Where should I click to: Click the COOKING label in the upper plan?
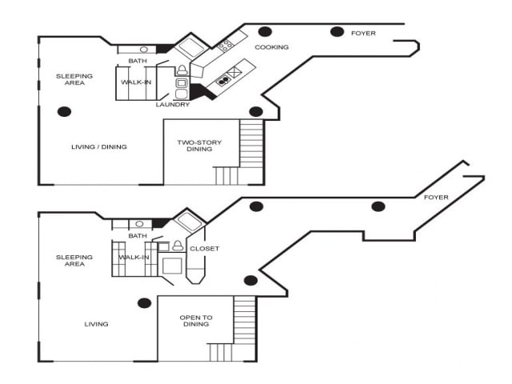click(x=271, y=47)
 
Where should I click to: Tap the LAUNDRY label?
click(x=174, y=105)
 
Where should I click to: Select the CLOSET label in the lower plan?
click(x=204, y=249)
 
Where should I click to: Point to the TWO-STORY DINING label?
click(x=199, y=146)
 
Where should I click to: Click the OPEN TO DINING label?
click(x=195, y=321)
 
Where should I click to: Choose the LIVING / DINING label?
click(x=98, y=147)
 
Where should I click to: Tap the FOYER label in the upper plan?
click(x=363, y=34)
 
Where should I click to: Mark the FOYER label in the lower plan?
click(x=436, y=198)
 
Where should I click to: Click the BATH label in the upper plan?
click(x=138, y=62)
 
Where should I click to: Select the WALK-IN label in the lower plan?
click(x=134, y=258)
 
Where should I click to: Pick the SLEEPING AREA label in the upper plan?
click(x=74, y=79)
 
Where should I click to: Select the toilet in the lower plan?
click(x=176, y=247)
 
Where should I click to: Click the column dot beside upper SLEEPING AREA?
click(x=65, y=111)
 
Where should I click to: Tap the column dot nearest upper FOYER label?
click(x=337, y=32)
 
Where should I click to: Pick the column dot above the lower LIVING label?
click(x=145, y=303)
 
